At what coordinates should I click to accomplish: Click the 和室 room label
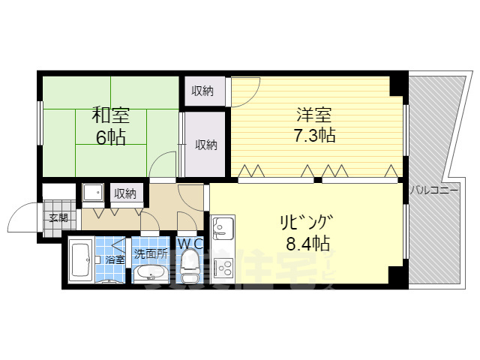pos(110,115)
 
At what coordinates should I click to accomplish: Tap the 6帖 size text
pos(109,136)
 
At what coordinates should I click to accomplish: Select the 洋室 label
pos(314,115)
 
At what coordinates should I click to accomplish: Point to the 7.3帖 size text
pos(314,136)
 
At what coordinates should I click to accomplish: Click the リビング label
pos(306,222)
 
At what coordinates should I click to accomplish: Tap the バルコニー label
pos(433,191)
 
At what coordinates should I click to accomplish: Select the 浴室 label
pos(115,259)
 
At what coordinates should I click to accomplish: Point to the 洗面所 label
pos(150,253)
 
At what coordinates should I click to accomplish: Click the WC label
pos(190,244)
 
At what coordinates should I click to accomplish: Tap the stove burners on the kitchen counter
pos(223,268)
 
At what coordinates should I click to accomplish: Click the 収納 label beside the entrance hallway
pos(125,193)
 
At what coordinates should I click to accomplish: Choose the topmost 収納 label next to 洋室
pos(202,91)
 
